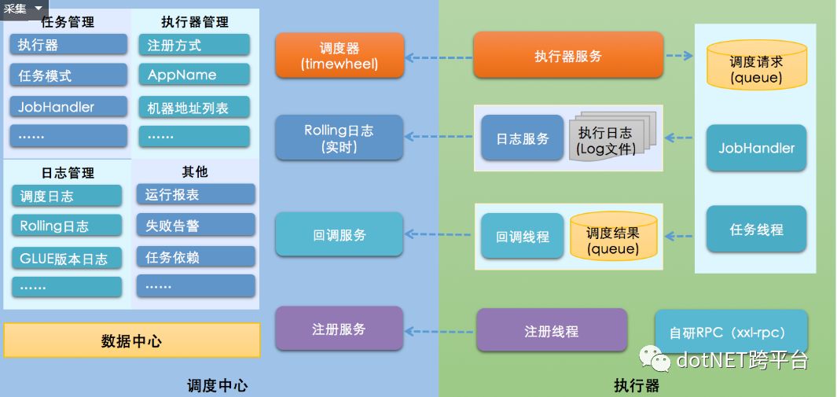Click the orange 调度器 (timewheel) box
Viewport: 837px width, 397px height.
pos(340,56)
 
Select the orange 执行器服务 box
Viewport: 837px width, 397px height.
pos(568,56)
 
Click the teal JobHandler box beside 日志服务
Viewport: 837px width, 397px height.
pos(756,148)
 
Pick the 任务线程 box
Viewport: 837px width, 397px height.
pos(756,230)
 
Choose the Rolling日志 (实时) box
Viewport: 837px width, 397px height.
pos(340,138)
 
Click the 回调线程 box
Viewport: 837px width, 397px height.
pos(523,236)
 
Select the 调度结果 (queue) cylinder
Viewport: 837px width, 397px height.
pos(612,237)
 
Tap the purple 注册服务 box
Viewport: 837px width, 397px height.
pos(340,329)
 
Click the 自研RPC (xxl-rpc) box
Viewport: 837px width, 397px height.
pos(731,331)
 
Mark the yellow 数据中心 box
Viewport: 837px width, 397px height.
pos(132,340)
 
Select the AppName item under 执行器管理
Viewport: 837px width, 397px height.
pos(193,75)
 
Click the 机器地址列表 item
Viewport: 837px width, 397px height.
pos(193,108)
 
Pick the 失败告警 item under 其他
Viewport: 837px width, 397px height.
pos(196,226)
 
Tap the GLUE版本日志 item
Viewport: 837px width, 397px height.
pos(68,259)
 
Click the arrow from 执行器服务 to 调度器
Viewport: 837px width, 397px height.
pos(439,57)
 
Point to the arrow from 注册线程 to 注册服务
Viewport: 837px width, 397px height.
pos(439,330)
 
